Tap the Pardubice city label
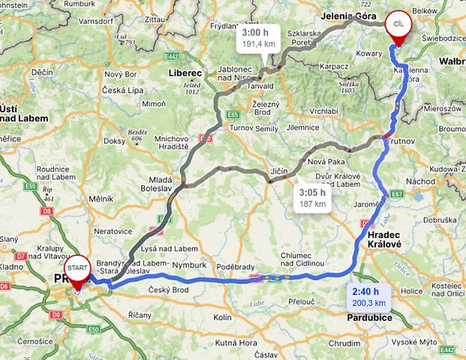point(369,317)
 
